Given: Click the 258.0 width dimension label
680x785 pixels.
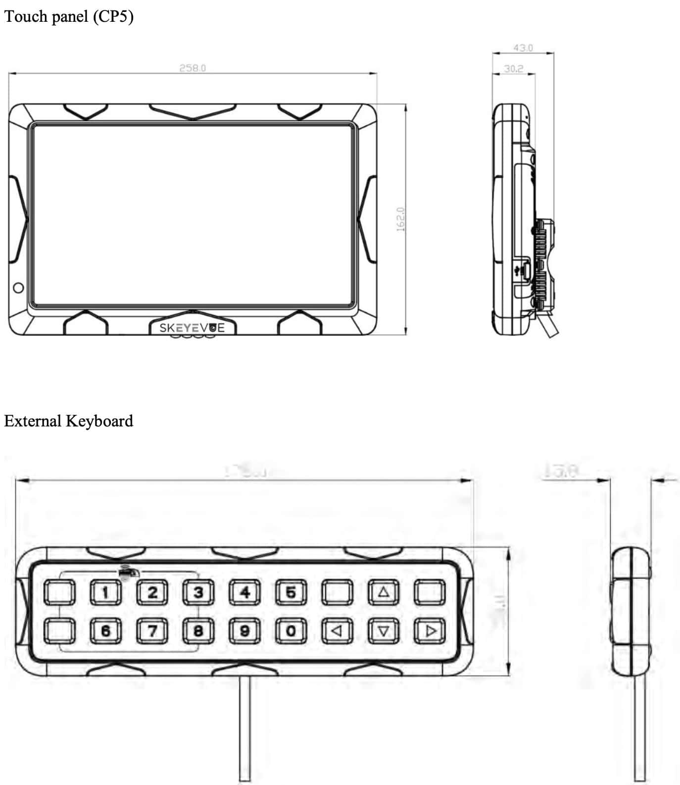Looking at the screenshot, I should pyautogui.click(x=193, y=68).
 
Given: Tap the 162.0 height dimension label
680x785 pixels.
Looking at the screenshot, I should pyautogui.click(x=401, y=219).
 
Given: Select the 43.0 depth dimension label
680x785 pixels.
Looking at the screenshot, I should pyautogui.click(x=523, y=48).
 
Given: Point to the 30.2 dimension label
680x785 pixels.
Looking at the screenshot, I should pyautogui.click(x=513, y=69).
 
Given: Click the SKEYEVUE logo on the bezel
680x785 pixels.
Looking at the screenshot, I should pyautogui.click(x=192, y=328).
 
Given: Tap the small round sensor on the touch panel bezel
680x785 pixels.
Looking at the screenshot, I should pyautogui.click(x=18, y=288).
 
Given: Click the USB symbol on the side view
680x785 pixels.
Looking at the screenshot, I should pyautogui.click(x=518, y=270).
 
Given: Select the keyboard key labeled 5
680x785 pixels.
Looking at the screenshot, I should pyautogui.click(x=291, y=592).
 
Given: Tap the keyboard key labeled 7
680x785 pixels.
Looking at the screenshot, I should pyautogui.click(x=152, y=631).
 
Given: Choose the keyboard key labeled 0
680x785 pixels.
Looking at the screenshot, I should pyautogui.click(x=291, y=631).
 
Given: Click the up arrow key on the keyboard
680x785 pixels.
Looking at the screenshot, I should pyautogui.click(x=384, y=592).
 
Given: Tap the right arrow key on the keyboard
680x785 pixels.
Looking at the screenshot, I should pyautogui.click(x=430, y=631).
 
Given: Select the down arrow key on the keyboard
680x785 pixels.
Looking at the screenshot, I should pyautogui.click(x=384, y=631).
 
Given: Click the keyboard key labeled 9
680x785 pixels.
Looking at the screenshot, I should pyautogui.click(x=244, y=631).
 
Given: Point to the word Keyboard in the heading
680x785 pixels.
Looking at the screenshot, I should pyautogui.click(x=99, y=421).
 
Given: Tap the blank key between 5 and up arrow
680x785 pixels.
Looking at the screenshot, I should pyautogui.click(x=338, y=592).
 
